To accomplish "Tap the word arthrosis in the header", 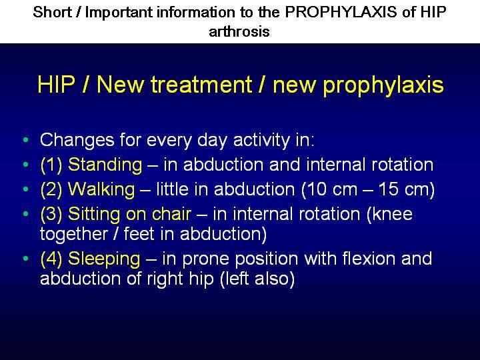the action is tap(239, 31).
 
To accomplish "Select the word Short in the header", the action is tap(53, 13).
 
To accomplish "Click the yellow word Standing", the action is tap(105, 165).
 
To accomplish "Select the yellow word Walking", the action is tap(101, 190).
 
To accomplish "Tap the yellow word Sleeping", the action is tap(104, 259).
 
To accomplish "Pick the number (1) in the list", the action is tap(51, 165).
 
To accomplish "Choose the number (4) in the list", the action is tap(51, 259).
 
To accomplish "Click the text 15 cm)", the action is tap(406, 189).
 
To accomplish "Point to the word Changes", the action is tap(77, 140).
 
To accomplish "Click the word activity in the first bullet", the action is tap(261, 140).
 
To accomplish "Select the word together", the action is tap(73, 235).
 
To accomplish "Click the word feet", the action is tap(139, 233).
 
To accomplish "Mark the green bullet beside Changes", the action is tap(26, 140).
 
